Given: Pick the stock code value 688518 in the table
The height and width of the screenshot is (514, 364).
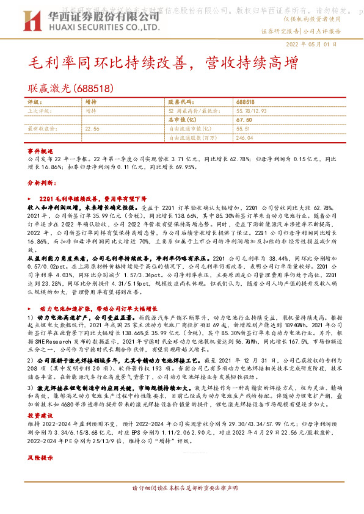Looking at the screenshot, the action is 245,103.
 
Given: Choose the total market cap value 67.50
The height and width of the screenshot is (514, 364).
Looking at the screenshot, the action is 244,120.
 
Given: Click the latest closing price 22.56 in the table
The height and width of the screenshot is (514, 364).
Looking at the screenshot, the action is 92,129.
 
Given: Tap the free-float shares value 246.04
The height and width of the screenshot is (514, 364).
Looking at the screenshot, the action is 244,139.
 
